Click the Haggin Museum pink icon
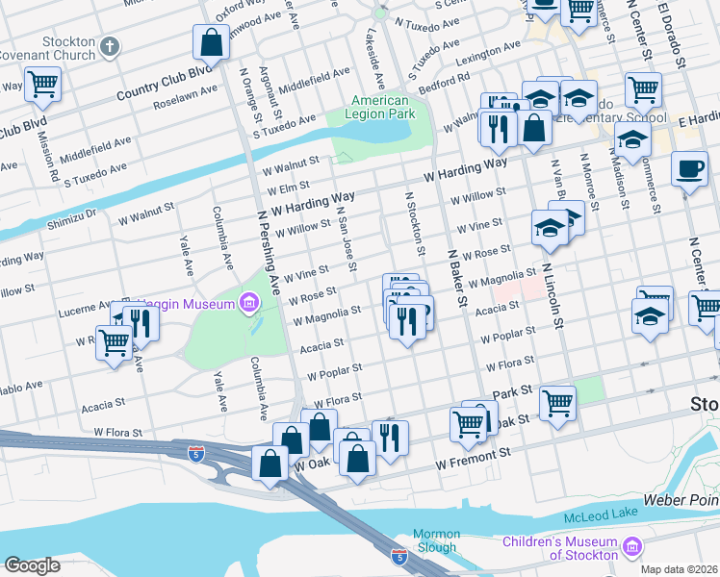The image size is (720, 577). point(249,304)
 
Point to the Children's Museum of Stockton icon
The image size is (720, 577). point(631,547)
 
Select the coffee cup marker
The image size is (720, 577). point(689,169)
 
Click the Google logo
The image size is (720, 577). point(32,565)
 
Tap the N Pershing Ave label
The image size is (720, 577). point(272,255)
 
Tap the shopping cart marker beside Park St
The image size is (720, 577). point(557,403)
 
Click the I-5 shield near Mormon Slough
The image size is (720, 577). point(399,557)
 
